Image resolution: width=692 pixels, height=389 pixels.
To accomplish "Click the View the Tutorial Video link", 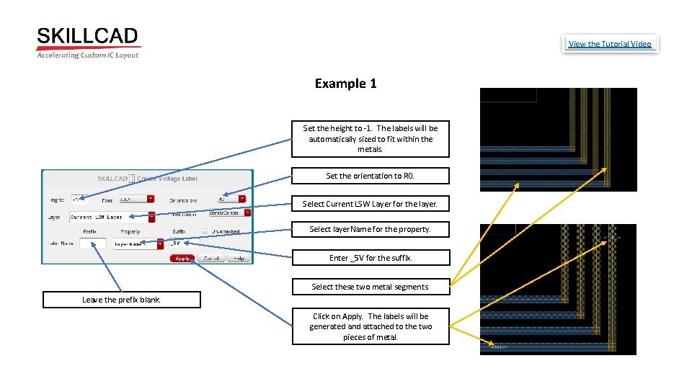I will pyautogui.click(x=609, y=44).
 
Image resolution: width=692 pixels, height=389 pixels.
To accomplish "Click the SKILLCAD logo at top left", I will pyautogui.click(x=87, y=43).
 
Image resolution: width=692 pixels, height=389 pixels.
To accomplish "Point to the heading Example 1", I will pyautogui.click(x=345, y=84).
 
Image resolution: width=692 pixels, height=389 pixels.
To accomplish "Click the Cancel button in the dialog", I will pyautogui.click(x=210, y=258).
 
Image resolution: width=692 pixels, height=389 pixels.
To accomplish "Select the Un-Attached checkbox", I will pyautogui.click(x=205, y=231).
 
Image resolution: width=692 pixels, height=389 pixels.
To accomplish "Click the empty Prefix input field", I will pyautogui.click(x=93, y=244).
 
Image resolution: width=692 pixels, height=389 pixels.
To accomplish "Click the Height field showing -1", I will pyautogui.click(x=79, y=199).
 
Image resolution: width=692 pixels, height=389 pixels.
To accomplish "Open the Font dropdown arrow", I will pyautogui.click(x=151, y=199).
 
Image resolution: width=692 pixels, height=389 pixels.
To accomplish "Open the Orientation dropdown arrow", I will pyautogui.click(x=242, y=199).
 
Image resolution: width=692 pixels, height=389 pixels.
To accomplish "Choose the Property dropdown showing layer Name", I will pyautogui.click(x=138, y=244).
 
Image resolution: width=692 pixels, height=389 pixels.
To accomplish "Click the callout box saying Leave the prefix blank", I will pyautogui.click(x=121, y=300).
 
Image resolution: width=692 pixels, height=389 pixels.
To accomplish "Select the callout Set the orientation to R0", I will pyautogui.click(x=370, y=176).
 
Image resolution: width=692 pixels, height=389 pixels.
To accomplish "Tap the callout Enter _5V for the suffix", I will pyautogui.click(x=370, y=257).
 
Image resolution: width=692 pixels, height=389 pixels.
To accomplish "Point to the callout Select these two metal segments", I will pyautogui.click(x=370, y=287).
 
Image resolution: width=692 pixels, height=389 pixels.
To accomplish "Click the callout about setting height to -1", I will pyautogui.click(x=370, y=138).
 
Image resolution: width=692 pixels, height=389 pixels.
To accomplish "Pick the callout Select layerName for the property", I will pyautogui.click(x=370, y=229).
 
